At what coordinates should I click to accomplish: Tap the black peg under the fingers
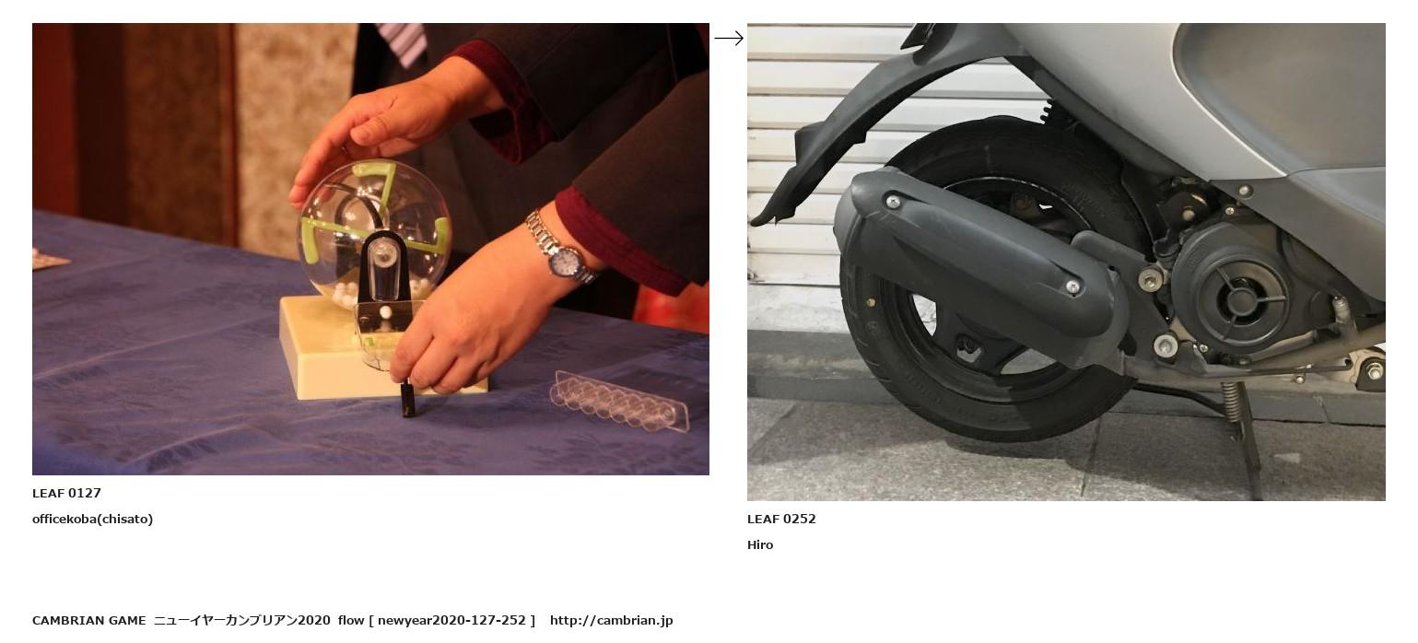click(408, 399)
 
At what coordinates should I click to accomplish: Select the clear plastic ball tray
click(619, 402)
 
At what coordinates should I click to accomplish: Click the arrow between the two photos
click(729, 39)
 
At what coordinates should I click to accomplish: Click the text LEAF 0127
click(66, 493)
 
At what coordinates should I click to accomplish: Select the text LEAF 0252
click(781, 519)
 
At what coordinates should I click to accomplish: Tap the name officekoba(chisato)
click(92, 519)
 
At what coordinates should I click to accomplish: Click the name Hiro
click(759, 545)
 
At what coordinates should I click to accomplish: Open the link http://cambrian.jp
click(611, 620)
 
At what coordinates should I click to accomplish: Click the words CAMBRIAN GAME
click(88, 620)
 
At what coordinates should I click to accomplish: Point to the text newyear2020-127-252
click(452, 620)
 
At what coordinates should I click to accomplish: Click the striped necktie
click(404, 43)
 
